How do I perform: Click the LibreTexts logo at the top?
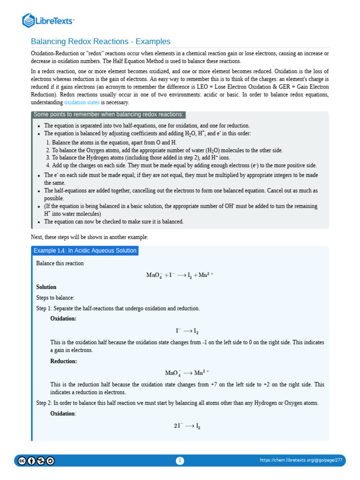[48, 21]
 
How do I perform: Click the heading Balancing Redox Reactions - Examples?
[100, 41]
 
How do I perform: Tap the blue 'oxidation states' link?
[82, 102]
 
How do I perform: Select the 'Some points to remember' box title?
[108, 115]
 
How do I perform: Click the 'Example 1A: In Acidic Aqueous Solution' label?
[85, 251]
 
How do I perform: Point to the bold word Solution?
[46, 287]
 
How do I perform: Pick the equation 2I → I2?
[187, 426]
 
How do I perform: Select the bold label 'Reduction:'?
[64, 361]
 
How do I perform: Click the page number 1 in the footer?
[180, 461]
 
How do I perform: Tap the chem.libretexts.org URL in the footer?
[301, 461]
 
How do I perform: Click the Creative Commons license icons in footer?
[36, 461]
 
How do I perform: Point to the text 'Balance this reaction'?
[60, 263]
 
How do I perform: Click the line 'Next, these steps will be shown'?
[89, 237]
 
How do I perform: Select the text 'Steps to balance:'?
[55, 298]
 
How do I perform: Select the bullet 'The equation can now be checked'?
[114, 222]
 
